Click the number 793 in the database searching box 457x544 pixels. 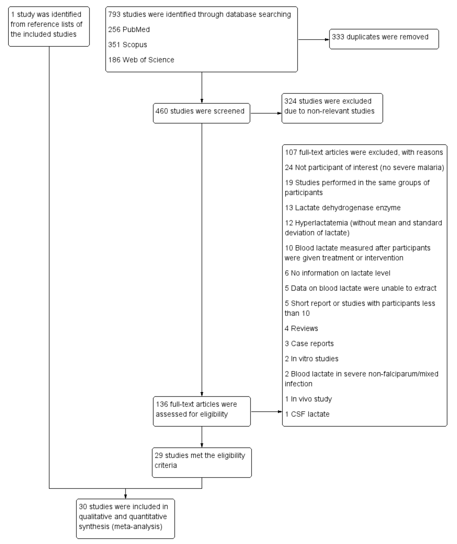click(114, 15)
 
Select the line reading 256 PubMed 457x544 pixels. click(129, 29)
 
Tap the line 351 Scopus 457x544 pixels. click(128, 45)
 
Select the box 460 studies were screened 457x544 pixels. click(201, 113)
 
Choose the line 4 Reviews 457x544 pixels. click(301, 328)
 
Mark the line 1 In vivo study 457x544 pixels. click(308, 399)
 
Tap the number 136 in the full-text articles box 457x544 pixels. click(161, 404)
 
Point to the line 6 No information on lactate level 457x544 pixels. click(337, 273)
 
